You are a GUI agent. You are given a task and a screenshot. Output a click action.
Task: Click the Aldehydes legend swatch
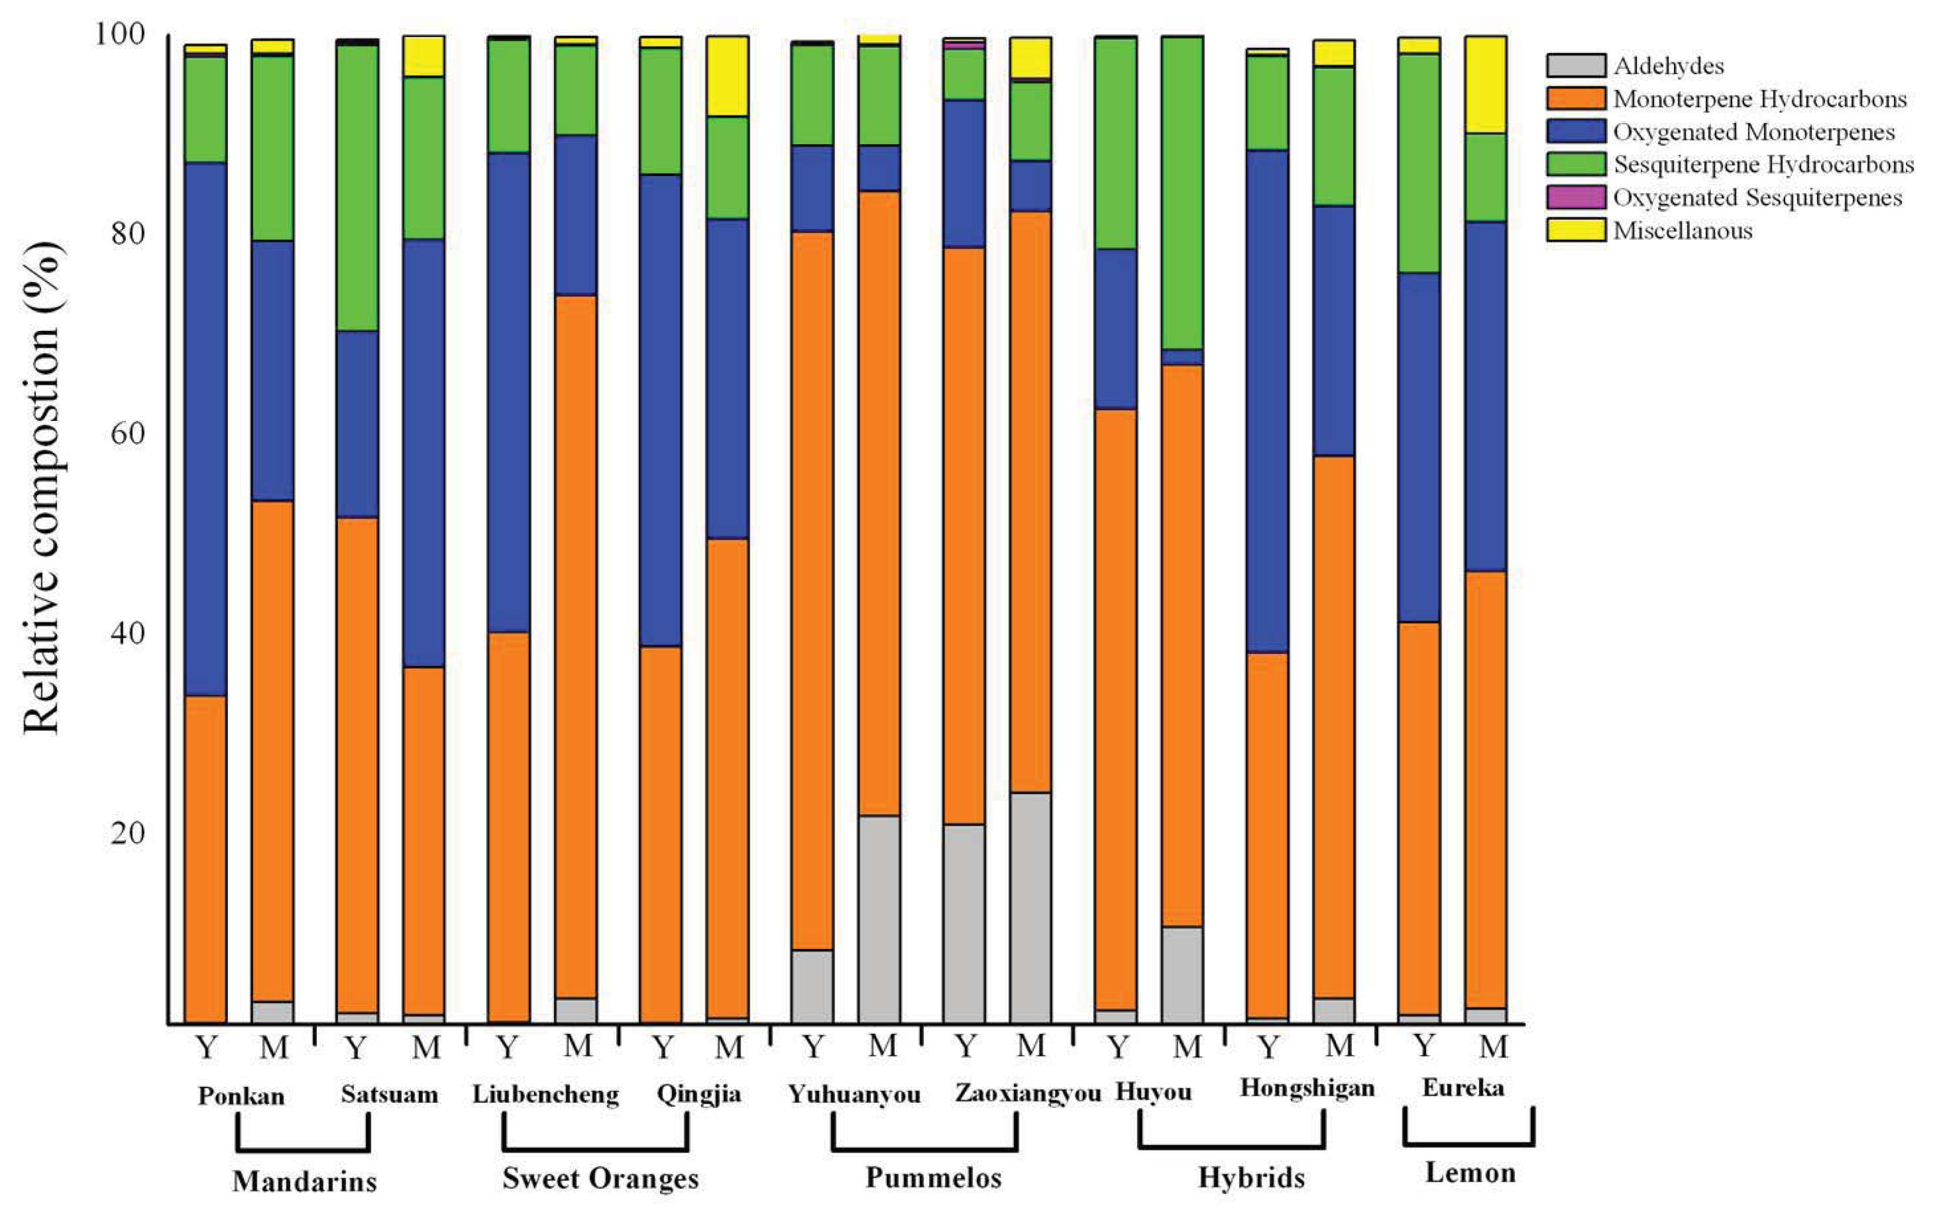point(1576,65)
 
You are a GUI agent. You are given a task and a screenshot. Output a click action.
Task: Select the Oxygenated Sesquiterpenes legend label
point(1757,197)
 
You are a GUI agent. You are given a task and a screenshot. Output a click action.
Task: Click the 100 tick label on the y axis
point(121,35)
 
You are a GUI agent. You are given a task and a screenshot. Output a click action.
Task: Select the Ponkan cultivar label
point(241,1096)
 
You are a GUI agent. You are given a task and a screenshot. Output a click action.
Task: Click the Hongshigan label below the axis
point(1307,1089)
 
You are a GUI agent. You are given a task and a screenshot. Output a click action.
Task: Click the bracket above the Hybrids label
point(1231,1143)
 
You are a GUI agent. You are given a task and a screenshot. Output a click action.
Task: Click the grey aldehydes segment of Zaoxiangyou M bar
point(1031,907)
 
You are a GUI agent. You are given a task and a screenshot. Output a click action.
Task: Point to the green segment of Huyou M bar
point(1182,193)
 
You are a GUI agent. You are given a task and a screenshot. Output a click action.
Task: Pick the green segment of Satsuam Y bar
point(357,188)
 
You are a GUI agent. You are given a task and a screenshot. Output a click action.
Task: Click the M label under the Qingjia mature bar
point(729,1047)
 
